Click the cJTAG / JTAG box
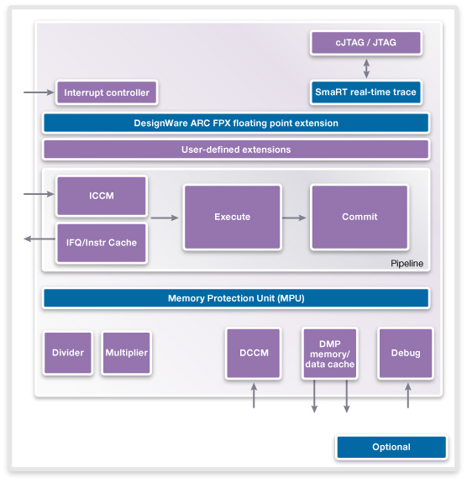pos(366,43)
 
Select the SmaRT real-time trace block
pos(366,92)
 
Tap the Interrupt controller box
pos(107,92)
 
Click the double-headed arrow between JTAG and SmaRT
pos(366,68)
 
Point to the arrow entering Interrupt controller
pos(39,92)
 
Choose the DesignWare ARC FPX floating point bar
pos(236,123)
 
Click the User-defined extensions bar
pos(236,150)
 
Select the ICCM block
pos(102,196)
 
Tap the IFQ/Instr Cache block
pos(102,243)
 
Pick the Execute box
pos(233,217)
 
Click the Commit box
pos(359,217)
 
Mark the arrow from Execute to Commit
pos(294,218)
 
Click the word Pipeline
pos(407,264)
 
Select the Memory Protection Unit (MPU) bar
pos(236,298)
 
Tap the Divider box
pos(68,353)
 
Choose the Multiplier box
pos(126,353)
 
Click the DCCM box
pos(254,353)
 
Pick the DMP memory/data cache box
pos(329,353)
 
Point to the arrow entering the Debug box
pos(408,396)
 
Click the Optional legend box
pos(391,447)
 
